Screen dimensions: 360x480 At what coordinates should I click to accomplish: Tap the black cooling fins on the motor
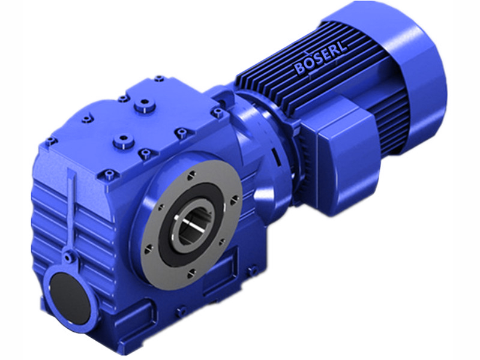point(282,90)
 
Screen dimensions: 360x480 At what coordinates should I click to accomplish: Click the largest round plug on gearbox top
point(143,108)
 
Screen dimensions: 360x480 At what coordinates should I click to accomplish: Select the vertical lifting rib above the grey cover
point(73,210)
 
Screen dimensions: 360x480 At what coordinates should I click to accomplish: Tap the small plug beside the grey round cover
point(73,257)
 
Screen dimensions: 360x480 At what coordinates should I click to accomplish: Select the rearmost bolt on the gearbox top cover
point(160,78)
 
